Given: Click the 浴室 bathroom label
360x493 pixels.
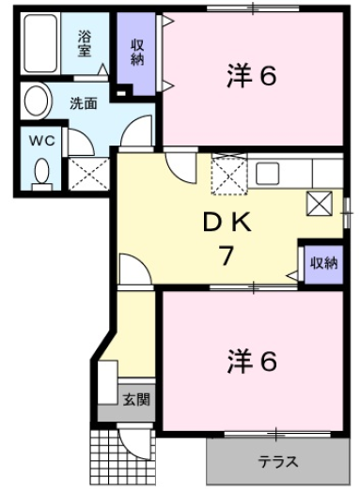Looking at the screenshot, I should [x=86, y=44].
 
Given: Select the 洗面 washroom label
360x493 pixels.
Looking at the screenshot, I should [x=83, y=103].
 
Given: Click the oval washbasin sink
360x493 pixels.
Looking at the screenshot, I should [x=38, y=100].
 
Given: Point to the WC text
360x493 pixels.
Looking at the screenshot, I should [x=39, y=141].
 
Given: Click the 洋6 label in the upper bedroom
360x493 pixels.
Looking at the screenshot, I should [x=251, y=77].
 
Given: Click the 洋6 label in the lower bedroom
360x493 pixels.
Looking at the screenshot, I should [x=251, y=361].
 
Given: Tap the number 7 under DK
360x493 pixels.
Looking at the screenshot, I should [x=224, y=254].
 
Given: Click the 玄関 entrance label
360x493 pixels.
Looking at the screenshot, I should [x=135, y=400].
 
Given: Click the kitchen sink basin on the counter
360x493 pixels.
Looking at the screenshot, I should [x=269, y=174].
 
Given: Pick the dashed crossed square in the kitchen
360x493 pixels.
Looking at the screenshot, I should [x=227, y=175].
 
